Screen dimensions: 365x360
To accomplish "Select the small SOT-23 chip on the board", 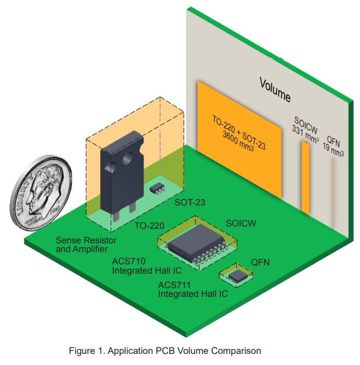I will point(156,188).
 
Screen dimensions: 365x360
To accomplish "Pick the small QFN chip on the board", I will point(236,275).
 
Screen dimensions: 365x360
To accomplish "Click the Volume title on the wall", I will point(275,88).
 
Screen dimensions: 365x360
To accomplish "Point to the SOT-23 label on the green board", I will point(190,204).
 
